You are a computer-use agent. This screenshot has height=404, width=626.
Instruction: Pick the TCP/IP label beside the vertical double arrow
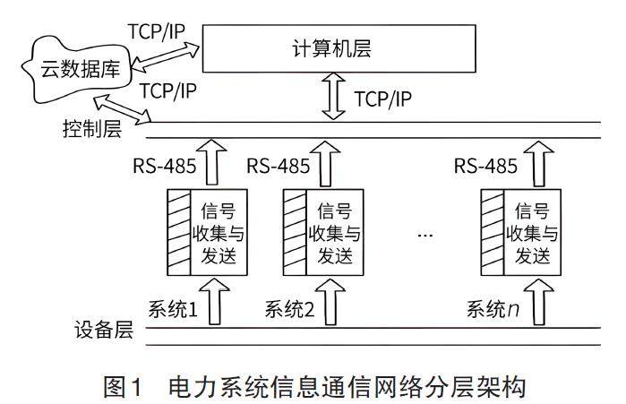click(x=383, y=99)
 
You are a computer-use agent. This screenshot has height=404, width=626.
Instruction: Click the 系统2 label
click(x=290, y=310)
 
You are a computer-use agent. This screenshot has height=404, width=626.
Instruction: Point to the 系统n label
click(x=493, y=310)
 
